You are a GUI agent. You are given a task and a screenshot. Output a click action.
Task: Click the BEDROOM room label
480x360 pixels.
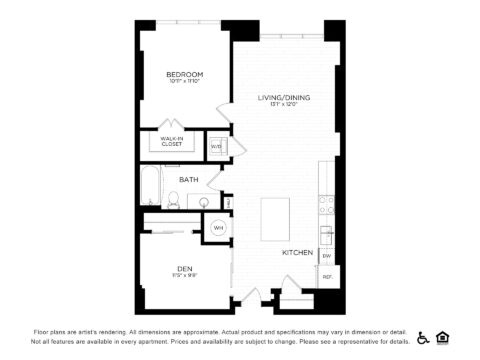pos(184,75)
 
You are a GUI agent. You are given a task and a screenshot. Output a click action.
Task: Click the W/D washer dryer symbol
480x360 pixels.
pos(216,146)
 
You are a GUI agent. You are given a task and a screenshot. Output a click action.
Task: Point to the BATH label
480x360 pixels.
pos(188,180)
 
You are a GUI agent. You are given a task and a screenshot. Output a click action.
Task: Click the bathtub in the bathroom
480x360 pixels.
pos(150,185)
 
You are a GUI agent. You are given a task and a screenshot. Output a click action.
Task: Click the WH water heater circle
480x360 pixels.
pos(218,228)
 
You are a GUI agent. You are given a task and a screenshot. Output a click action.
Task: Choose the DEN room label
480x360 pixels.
pos(184,268)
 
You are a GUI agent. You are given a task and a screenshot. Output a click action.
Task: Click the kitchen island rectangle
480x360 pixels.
pos(276,219)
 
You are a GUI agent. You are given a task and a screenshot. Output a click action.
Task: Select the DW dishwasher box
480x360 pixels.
pos(326,256)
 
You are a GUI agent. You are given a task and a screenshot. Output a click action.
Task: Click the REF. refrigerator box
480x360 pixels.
pos(327,276)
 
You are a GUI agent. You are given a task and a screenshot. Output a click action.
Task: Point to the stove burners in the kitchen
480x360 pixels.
pos(326,204)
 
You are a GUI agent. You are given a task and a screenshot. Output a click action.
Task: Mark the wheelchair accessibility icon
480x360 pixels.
pos(423,337)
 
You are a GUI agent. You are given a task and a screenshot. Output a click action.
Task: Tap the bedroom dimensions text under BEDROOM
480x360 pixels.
pos(184,83)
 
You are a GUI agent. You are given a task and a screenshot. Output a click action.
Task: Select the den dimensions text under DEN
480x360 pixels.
pos(184,276)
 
